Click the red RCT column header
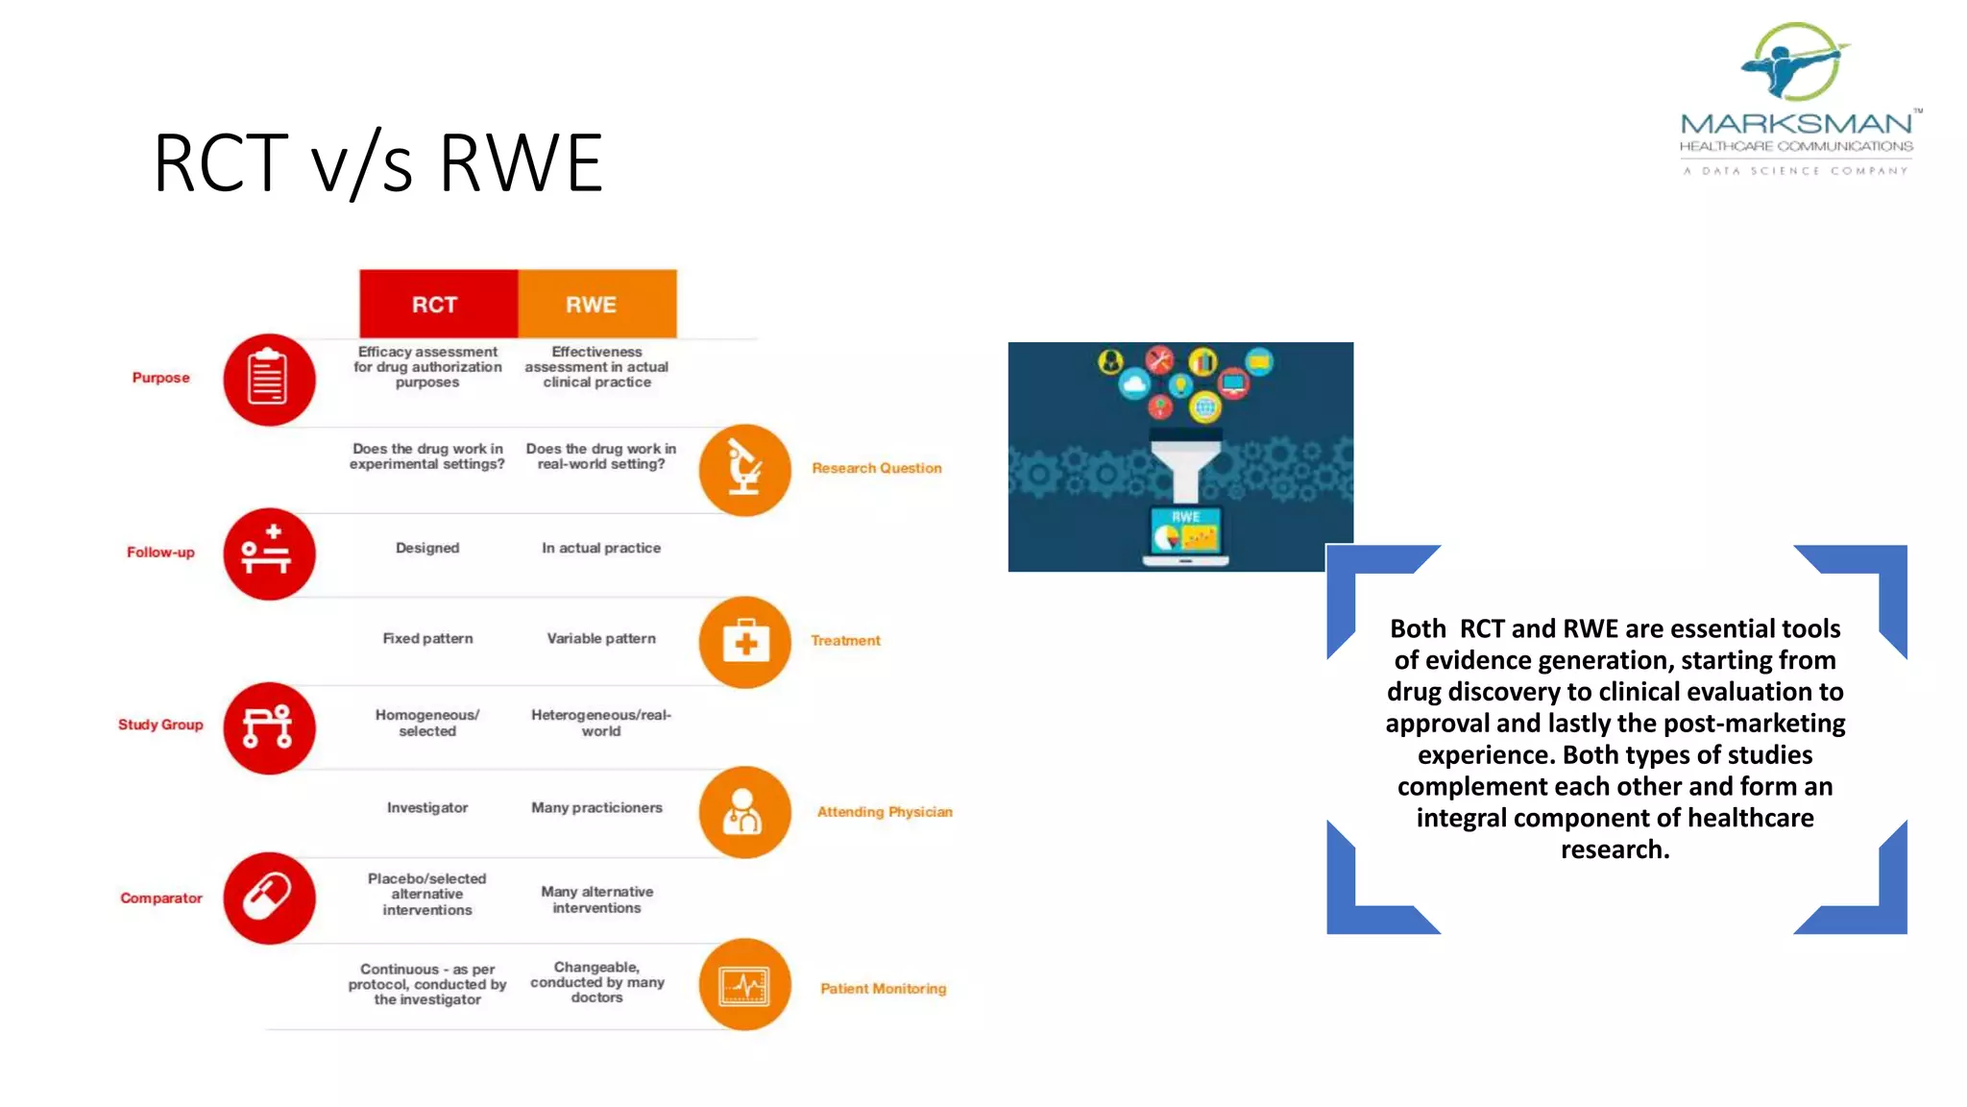click(x=438, y=304)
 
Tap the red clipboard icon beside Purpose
click(x=269, y=380)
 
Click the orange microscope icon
click(x=744, y=470)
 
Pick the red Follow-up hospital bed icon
click(x=269, y=553)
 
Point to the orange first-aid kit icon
click(x=744, y=642)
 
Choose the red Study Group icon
click(x=269, y=727)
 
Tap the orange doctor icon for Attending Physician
click(x=744, y=812)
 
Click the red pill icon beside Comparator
click(x=269, y=898)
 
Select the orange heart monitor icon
click(x=744, y=985)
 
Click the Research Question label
click(x=876, y=468)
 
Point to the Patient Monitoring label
click(x=883, y=988)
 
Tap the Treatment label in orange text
click(x=845, y=640)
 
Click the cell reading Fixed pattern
click(x=427, y=638)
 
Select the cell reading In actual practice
click(x=601, y=548)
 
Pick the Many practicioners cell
click(x=596, y=807)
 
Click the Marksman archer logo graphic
click(x=1794, y=62)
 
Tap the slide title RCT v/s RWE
click(x=377, y=163)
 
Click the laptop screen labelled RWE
click(x=1185, y=529)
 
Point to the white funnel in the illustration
click(x=1186, y=467)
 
